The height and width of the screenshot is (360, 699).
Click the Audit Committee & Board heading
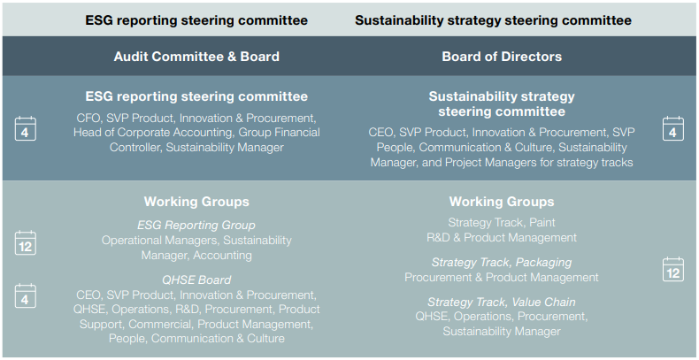[196, 57]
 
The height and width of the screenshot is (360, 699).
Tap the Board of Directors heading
[502, 57]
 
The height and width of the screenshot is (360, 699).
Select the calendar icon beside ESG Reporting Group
[26, 243]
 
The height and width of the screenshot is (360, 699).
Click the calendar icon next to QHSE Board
[26, 295]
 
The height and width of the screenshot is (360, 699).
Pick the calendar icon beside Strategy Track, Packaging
[673, 269]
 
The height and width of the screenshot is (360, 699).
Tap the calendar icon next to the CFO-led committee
[26, 129]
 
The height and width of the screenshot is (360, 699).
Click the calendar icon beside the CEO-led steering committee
[673, 129]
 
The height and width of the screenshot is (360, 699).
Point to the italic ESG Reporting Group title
[196, 225]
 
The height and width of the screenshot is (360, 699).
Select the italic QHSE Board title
[196, 280]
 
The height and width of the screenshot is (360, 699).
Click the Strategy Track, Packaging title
[502, 262]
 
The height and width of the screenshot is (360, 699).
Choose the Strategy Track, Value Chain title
[502, 303]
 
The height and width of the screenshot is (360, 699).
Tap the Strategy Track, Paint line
[502, 222]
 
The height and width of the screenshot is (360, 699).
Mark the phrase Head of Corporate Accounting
[154, 133]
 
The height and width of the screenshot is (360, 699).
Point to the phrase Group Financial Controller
[214, 140]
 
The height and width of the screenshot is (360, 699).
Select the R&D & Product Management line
[502, 237]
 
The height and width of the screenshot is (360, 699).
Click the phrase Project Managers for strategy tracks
[539, 162]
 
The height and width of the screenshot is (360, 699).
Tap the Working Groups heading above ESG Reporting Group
[196, 202]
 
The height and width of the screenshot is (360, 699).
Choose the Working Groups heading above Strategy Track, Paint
[502, 202]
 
